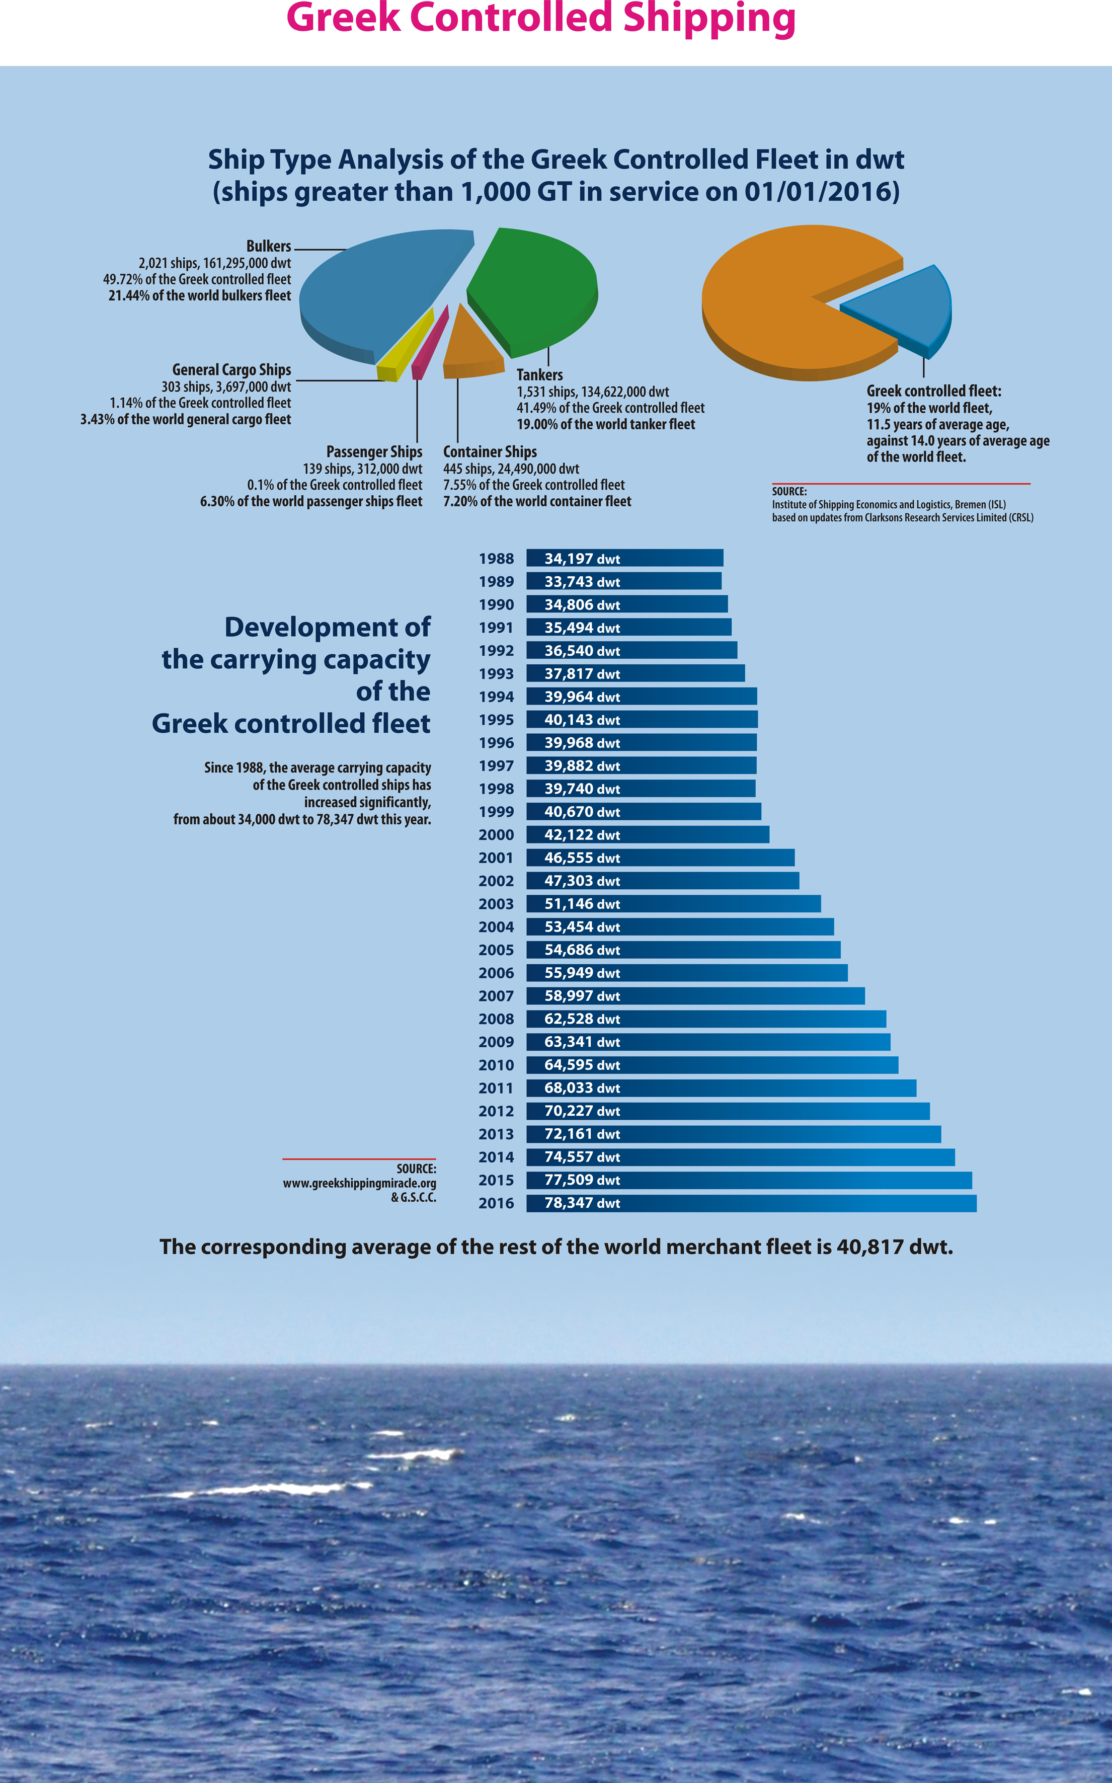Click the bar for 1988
pos(624,558)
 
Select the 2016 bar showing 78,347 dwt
pos(751,1203)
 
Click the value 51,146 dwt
pos(582,904)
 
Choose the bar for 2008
pos(706,1019)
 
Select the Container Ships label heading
pos(490,451)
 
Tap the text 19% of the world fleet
pos(929,408)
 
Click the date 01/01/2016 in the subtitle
pos(822,191)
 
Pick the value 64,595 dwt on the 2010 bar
pos(582,1065)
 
